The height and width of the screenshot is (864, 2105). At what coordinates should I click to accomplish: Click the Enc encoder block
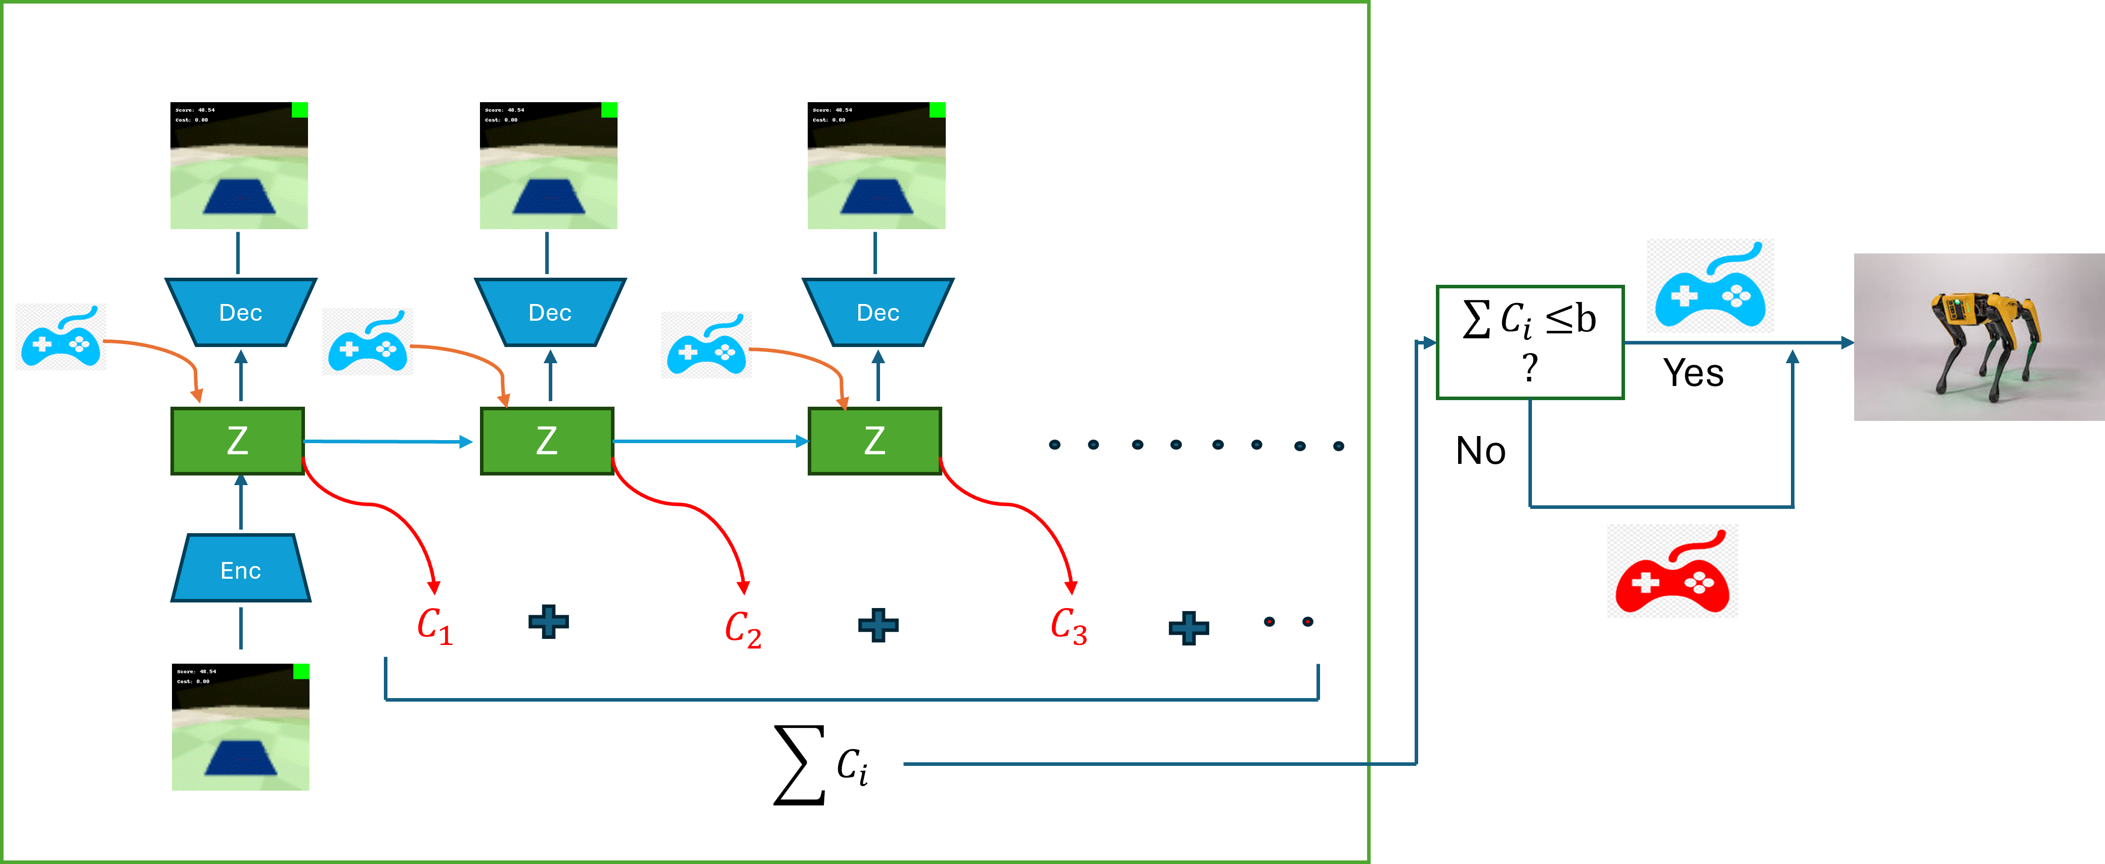tap(240, 569)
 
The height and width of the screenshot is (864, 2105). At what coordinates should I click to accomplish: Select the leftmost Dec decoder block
tap(240, 312)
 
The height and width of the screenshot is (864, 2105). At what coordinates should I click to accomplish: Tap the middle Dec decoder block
tap(550, 312)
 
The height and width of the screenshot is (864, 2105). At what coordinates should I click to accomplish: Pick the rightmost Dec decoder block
tap(878, 312)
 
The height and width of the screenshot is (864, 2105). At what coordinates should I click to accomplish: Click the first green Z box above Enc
tap(237, 441)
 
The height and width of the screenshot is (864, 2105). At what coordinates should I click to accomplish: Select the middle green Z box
tap(547, 441)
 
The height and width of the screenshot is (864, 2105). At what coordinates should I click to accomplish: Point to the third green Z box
tap(874, 441)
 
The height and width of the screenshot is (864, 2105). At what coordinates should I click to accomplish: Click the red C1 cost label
tap(434, 626)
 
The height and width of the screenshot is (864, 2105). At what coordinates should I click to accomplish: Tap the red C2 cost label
tap(743, 629)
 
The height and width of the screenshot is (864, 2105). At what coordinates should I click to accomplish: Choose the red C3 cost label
tap(1068, 626)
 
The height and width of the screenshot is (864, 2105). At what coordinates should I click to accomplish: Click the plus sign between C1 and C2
tap(548, 622)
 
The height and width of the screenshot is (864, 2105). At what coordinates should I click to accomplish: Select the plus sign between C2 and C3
tap(879, 625)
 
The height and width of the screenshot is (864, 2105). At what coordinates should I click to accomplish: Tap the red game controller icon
tap(1672, 572)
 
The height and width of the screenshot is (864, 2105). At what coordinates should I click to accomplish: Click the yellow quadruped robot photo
tap(1979, 337)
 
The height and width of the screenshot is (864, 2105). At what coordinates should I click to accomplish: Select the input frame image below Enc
tap(240, 727)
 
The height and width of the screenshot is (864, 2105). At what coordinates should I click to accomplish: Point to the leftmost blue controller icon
tap(61, 337)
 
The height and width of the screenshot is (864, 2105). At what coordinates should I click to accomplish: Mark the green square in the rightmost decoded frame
tap(937, 110)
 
